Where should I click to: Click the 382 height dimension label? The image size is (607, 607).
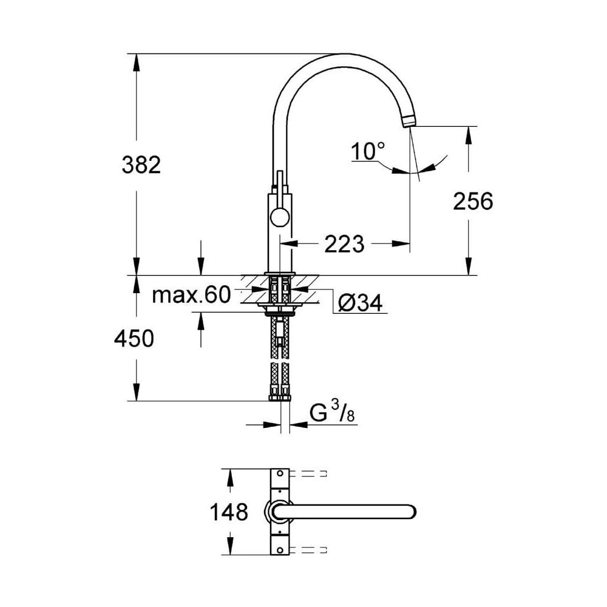pos(141,165)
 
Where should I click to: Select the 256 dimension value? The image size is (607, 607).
pos(473,202)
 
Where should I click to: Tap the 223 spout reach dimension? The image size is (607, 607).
pos(344,244)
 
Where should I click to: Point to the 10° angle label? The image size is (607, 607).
pos(368,152)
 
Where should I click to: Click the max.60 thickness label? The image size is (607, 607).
pos(191,296)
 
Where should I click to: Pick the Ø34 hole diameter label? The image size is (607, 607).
pos(361,303)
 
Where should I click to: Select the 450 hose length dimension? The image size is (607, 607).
pos(134,339)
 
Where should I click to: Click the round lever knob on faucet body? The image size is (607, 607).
pos(280,217)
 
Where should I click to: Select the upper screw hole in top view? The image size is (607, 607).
pos(280,473)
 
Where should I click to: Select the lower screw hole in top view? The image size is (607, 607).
pos(280,550)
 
